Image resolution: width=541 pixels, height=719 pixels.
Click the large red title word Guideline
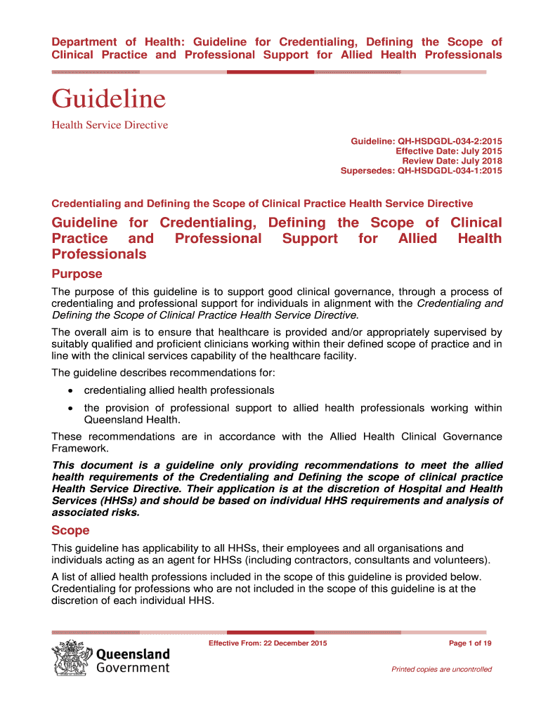(108, 98)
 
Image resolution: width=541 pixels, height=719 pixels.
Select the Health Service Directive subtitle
(110, 125)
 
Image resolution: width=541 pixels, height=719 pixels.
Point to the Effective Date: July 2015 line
(449, 152)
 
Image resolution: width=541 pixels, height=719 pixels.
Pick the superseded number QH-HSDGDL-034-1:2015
(450, 171)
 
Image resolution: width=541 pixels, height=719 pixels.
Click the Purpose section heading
(77, 274)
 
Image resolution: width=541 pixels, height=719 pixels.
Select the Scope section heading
(71, 531)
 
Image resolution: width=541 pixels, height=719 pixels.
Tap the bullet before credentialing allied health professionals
(70, 390)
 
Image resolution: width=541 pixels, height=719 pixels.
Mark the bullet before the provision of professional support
(70, 408)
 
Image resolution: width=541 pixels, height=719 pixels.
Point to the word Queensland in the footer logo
(133, 654)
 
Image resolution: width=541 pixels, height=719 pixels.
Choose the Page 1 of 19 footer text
(469, 643)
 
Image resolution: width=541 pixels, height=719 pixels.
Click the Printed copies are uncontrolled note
(441, 669)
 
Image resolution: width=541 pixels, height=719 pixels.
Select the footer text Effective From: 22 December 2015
(268, 643)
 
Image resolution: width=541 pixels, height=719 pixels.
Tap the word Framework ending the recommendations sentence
(79, 448)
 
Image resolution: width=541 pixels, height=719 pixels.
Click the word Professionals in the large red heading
(99, 254)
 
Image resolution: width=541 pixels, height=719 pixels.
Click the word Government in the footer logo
(133, 668)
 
